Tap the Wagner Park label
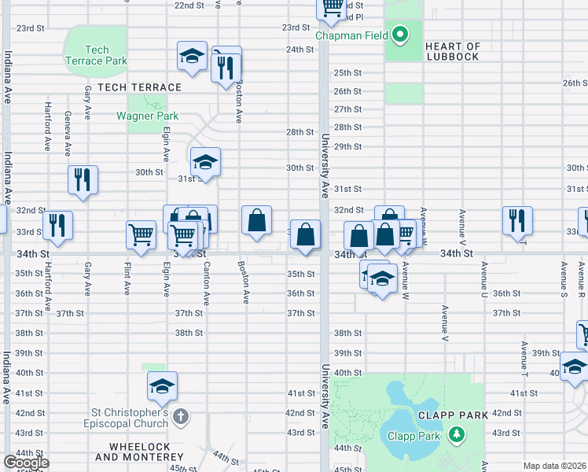pos(147,116)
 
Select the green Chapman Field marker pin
pos(399,35)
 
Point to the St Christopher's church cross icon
pos(181,415)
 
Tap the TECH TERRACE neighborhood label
pos(140,87)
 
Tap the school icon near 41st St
pos(162,385)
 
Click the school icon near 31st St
pos(205,161)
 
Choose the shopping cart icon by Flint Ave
pos(141,234)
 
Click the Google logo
pos(26,463)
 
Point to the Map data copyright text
pos(554,466)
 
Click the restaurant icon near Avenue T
pos(517,219)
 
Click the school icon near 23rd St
pos(191,55)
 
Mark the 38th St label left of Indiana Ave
pos(28,333)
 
